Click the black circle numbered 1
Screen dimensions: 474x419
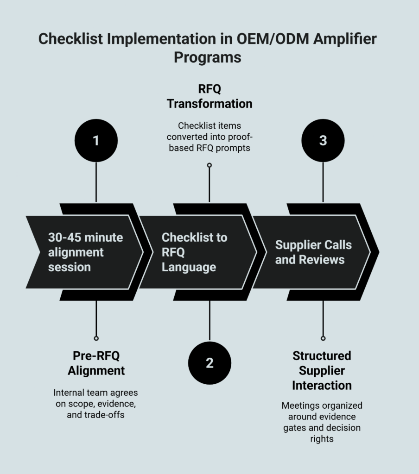96,140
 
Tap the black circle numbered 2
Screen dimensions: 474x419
209,363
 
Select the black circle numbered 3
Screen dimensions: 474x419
323,140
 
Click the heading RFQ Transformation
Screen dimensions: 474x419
209,96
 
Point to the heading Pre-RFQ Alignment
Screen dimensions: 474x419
96,363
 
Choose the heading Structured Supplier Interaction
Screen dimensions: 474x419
322,370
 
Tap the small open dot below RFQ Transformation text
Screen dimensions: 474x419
209,165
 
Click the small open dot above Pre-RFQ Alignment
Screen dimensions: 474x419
96,338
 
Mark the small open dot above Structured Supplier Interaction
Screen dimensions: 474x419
323,338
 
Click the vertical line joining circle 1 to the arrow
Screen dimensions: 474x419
96,182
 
